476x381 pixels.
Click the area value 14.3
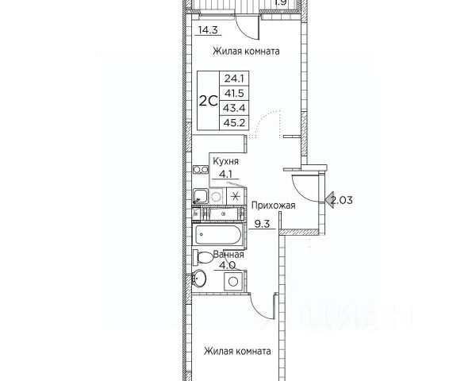(208, 30)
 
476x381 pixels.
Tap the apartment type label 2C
(208, 101)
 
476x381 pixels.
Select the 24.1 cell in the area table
(234, 79)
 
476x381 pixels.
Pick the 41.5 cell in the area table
(234, 94)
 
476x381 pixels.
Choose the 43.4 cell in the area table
(234, 108)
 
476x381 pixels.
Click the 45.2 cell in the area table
(234, 123)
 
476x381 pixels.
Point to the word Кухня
(225, 161)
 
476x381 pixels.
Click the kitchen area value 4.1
(225, 174)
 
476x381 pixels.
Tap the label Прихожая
(273, 206)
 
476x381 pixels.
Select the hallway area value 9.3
(262, 224)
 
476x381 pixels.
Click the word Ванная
(228, 255)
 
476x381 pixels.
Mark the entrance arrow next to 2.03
(329, 200)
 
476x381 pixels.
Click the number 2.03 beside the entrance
(342, 200)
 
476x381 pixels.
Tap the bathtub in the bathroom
(218, 235)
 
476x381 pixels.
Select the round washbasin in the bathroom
(199, 278)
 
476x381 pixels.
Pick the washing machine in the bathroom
(233, 281)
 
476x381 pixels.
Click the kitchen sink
(201, 196)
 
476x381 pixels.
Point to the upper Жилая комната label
(246, 51)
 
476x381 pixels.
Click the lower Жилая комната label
(237, 352)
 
